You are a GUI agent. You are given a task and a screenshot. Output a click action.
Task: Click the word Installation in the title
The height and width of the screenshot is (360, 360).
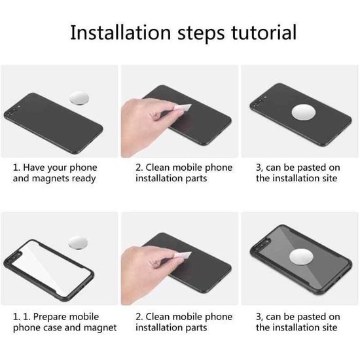[120, 33]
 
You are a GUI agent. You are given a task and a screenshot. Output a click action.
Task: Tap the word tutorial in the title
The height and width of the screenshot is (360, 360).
[264, 33]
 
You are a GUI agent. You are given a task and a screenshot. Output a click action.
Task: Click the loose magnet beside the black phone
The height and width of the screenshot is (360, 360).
[79, 98]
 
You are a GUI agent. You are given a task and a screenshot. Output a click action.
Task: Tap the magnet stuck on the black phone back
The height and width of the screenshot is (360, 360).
[303, 113]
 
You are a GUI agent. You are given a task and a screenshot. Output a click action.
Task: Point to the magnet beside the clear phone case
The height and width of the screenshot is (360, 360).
[78, 242]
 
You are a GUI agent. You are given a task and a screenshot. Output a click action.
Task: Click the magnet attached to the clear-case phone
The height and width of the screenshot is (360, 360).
[301, 257]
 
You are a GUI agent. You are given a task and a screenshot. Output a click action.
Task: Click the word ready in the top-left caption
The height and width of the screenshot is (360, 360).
[84, 179]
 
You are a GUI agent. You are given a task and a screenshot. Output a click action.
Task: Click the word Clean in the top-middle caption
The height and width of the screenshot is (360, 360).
[157, 168]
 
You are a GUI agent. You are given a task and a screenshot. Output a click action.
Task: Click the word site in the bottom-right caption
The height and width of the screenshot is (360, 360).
[329, 327]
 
